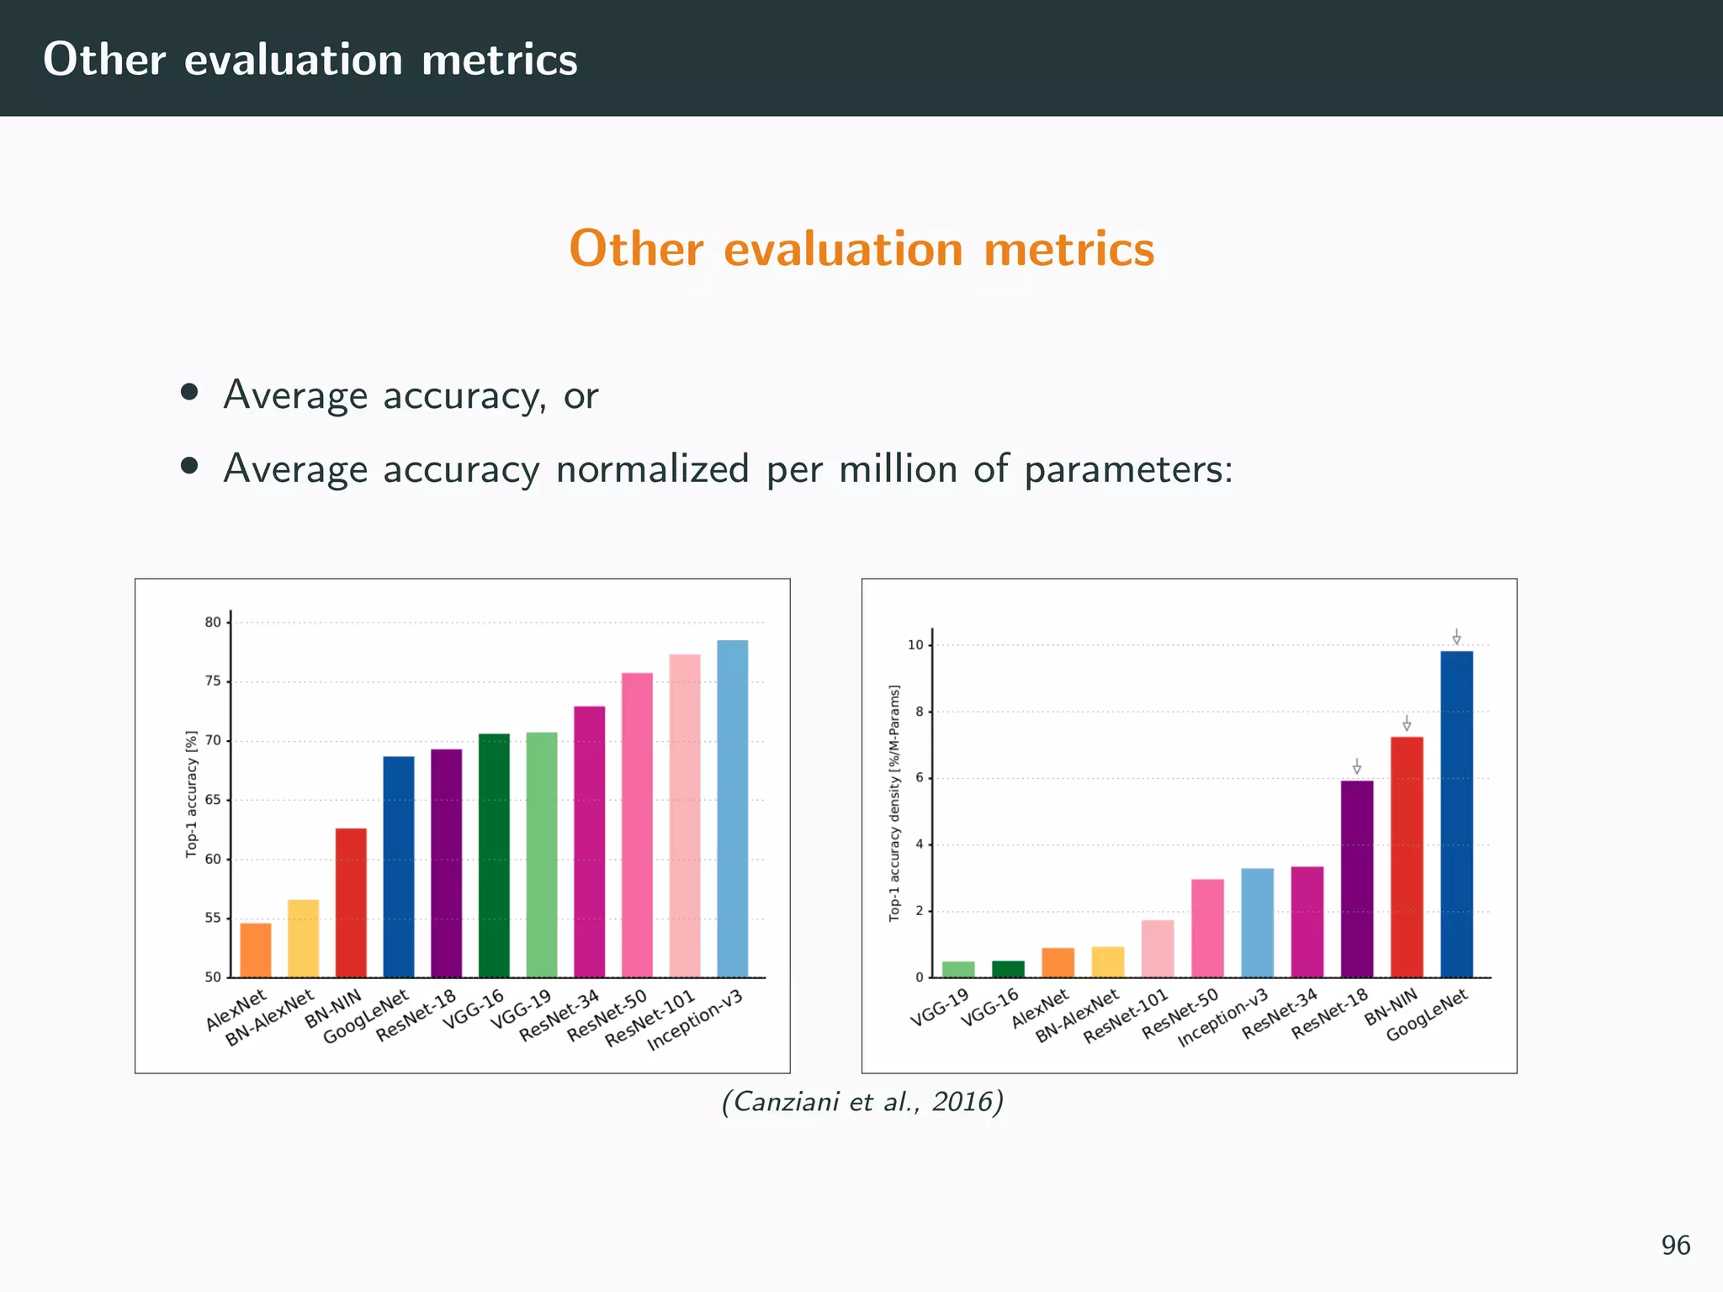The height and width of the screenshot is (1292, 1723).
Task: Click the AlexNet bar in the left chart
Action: coord(256,950)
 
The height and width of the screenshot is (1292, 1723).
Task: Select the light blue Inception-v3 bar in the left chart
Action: coord(732,808)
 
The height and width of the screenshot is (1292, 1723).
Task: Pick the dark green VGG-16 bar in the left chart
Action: coord(494,855)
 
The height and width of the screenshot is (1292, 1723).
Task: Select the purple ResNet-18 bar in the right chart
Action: coord(1356,878)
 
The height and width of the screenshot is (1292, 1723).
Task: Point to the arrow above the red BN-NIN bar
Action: coord(1407,723)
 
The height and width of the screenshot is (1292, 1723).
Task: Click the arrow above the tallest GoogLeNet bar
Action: coord(1456,637)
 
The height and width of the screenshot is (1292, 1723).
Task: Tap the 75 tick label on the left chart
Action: coord(212,681)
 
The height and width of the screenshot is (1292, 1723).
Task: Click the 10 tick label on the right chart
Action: coord(915,645)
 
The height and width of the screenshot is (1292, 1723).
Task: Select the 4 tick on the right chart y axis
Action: coord(919,845)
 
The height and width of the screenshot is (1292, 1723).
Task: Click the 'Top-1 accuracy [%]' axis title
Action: coord(192,794)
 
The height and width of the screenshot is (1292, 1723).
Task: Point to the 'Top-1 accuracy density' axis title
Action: coord(894,802)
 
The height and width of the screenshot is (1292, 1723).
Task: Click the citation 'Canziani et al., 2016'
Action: coord(862,1101)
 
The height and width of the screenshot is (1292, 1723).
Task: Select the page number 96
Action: coord(1675,1245)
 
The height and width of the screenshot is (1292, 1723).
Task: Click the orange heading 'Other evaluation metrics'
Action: coord(861,249)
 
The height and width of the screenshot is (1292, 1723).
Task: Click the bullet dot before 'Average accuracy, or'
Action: coord(189,392)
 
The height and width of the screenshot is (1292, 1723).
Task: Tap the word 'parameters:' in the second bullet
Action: coord(1128,469)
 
